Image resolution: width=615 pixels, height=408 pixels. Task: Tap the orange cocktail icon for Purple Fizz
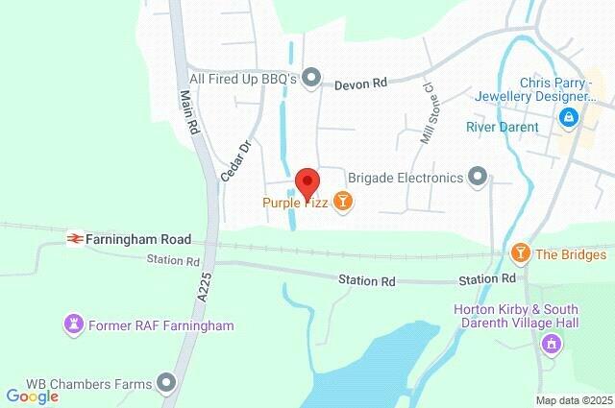click(x=344, y=202)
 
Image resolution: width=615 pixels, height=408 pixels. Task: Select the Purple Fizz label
click(x=295, y=202)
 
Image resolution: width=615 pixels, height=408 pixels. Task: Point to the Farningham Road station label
click(x=137, y=238)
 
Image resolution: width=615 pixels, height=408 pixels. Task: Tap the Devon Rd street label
click(x=360, y=84)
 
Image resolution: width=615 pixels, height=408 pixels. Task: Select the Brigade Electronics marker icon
click(x=478, y=176)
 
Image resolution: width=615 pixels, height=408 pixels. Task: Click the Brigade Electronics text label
click(x=405, y=177)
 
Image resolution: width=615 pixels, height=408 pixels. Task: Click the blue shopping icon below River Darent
click(x=567, y=117)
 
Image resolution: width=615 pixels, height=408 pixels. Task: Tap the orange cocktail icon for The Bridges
click(x=521, y=253)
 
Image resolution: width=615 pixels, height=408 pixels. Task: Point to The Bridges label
click(x=571, y=254)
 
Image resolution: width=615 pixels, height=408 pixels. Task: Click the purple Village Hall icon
click(x=552, y=344)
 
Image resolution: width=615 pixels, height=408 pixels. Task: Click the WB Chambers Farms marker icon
click(x=168, y=384)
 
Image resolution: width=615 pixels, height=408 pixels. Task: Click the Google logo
click(x=32, y=396)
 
